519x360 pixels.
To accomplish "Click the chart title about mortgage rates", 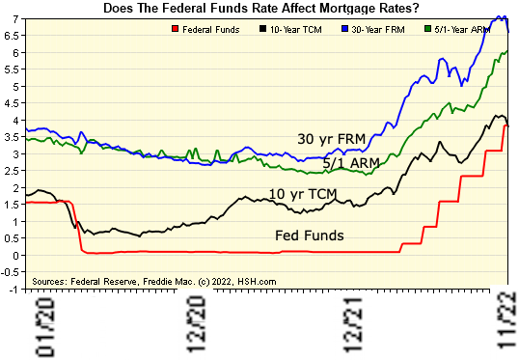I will pyautogui.click(x=260, y=8).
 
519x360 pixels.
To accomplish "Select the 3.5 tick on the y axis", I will pyautogui.click(x=14, y=137).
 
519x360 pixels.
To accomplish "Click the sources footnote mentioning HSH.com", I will pyautogui.click(x=154, y=281).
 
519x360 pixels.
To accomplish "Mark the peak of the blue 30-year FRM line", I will pyautogui.click(x=501, y=17).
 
